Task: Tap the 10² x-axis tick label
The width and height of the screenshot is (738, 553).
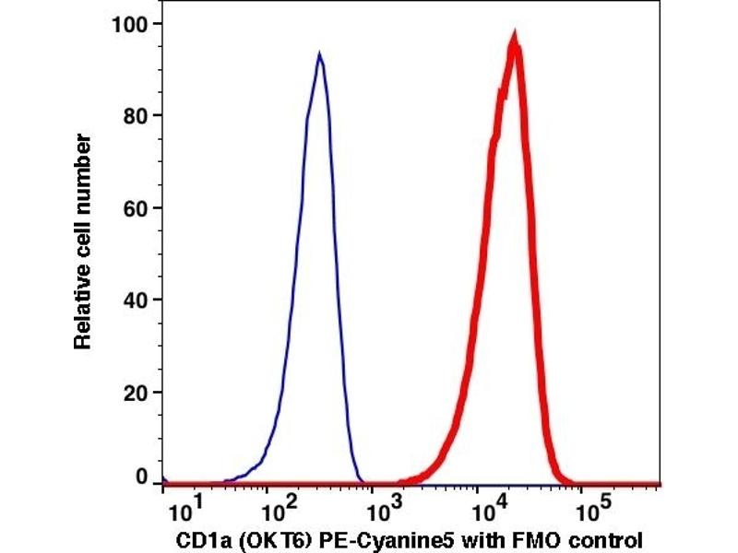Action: (277, 506)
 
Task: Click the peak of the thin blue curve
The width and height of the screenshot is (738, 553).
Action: (319, 55)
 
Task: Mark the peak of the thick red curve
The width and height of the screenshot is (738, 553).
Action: (515, 39)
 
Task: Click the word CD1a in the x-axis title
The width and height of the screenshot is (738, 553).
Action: (197, 537)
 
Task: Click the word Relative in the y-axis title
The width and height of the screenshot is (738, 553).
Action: (83, 311)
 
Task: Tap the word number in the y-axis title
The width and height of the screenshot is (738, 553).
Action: (83, 167)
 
